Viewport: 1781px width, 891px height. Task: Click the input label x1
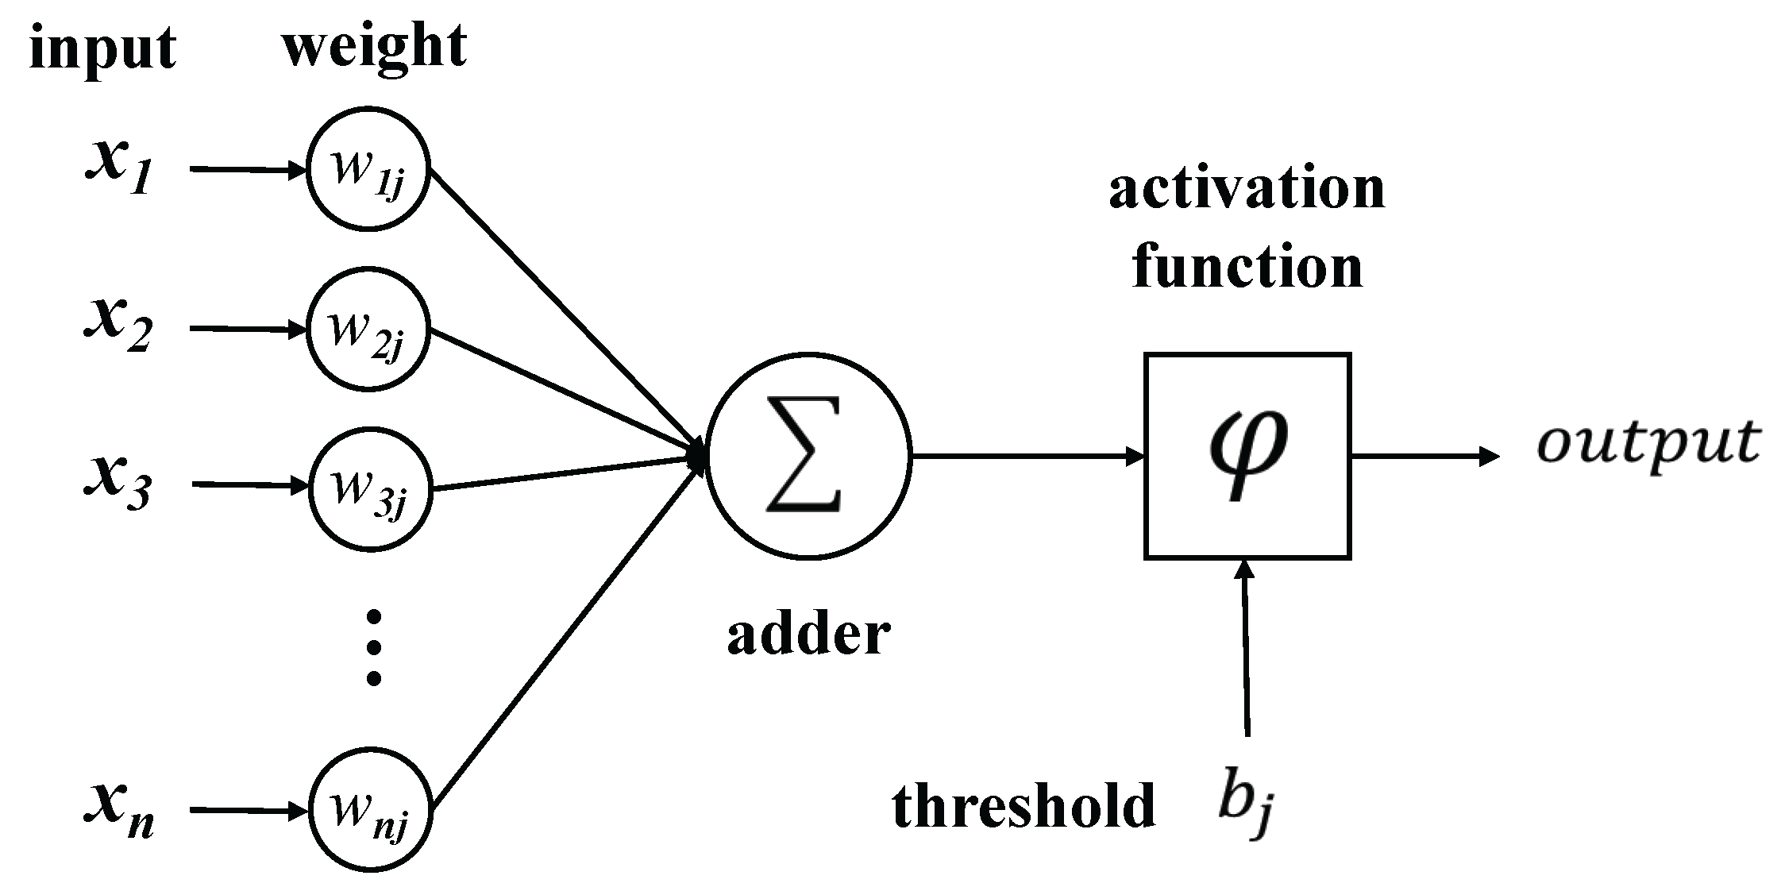pyautogui.click(x=118, y=168)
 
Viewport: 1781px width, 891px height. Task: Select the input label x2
pyautogui.click(x=118, y=326)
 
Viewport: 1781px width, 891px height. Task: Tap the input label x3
pyautogui.click(x=118, y=483)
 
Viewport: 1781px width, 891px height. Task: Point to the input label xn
pyautogui.click(x=119, y=810)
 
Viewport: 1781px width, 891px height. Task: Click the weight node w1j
pyautogui.click(x=368, y=169)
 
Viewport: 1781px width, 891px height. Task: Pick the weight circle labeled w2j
pyautogui.click(x=368, y=330)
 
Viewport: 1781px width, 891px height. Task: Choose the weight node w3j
pyautogui.click(x=370, y=488)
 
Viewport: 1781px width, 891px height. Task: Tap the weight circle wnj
pyautogui.click(x=370, y=812)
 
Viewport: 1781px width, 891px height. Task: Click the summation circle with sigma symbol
pyautogui.click(x=808, y=457)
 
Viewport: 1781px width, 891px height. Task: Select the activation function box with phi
pyautogui.click(x=1247, y=457)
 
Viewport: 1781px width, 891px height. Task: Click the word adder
pyautogui.click(x=808, y=635)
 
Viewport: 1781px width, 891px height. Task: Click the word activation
pyautogui.click(x=1247, y=189)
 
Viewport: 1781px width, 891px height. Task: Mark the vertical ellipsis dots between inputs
pyautogui.click(x=373, y=647)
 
